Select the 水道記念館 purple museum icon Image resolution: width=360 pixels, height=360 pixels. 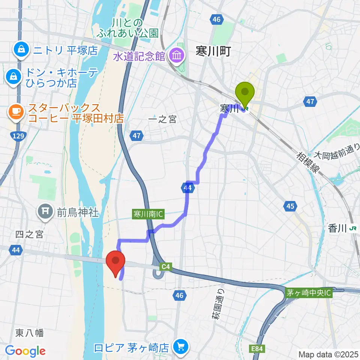[x=176, y=56]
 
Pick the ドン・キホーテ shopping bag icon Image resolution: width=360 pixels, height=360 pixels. [x=13, y=77]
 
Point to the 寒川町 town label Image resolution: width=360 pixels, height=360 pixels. [x=212, y=51]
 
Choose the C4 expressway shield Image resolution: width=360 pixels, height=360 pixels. [x=166, y=267]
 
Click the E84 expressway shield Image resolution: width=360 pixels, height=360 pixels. [x=257, y=349]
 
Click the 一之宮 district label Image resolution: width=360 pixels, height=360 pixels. [x=162, y=119]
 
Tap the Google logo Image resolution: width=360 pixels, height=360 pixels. [x=25, y=351]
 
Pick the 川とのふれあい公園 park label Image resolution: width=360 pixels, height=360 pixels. [x=127, y=28]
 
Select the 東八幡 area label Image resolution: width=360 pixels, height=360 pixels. [x=30, y=333]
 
